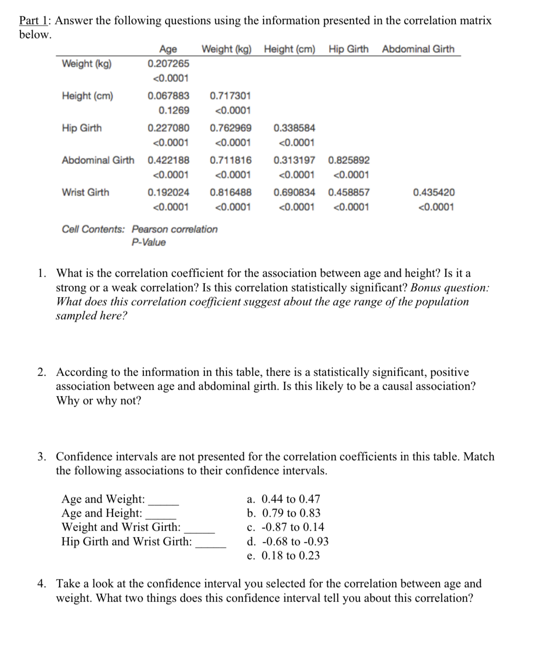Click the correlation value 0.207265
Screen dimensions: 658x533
click(168, 63)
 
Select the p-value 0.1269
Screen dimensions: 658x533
click(174, 110)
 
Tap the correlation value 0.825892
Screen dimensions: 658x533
click(349, 160)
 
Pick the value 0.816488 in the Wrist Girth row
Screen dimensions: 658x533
click(231, 192)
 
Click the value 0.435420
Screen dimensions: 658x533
click(434, 192)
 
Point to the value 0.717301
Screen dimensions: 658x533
click(231, 96)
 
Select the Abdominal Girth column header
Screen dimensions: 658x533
click(418, 49)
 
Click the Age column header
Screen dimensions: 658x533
click(168, 49)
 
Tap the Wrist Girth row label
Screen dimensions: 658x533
click(85, 192)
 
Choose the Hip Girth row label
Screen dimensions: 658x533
click(82, 128)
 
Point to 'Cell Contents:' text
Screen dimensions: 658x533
click(93, 229)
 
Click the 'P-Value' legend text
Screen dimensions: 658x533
click(149, 242)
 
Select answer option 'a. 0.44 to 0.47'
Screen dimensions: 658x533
click(283, 499)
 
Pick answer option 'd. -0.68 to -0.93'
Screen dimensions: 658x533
click(288, 541)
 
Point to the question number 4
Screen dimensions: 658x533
click(41, 583)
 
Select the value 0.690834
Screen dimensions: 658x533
click(294, 192)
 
